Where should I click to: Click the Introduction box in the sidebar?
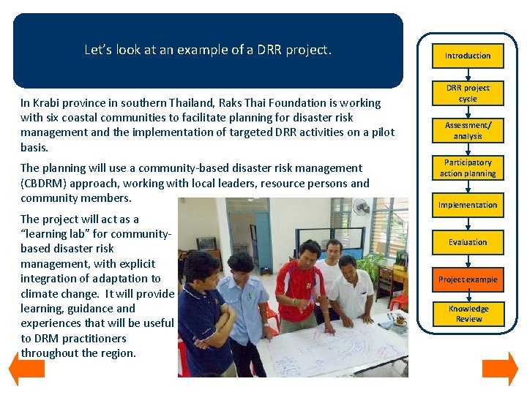pyautogui.click(x=468, y=56)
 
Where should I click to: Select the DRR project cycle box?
pyautogui.click(x=468, y=93)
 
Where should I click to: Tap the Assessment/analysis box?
pyautogui.click(x=468, y=130)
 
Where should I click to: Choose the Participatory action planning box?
pyautogui.click(x=468, y=168)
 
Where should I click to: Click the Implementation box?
pyautogui.click(x=468, y=205)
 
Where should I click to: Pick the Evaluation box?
pyautogui.click(x=468, y=242)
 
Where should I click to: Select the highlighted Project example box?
pyautogui.click(x=468, y=279)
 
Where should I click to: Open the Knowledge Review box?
pyautogui.click(x=468, y=314)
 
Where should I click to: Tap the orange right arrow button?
pyautogui.click(x=501, y=369)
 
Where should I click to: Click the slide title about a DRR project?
pyautogui.click(x=208, y=50)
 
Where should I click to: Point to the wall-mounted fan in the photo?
pyautogui.click(x=362, y=207)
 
